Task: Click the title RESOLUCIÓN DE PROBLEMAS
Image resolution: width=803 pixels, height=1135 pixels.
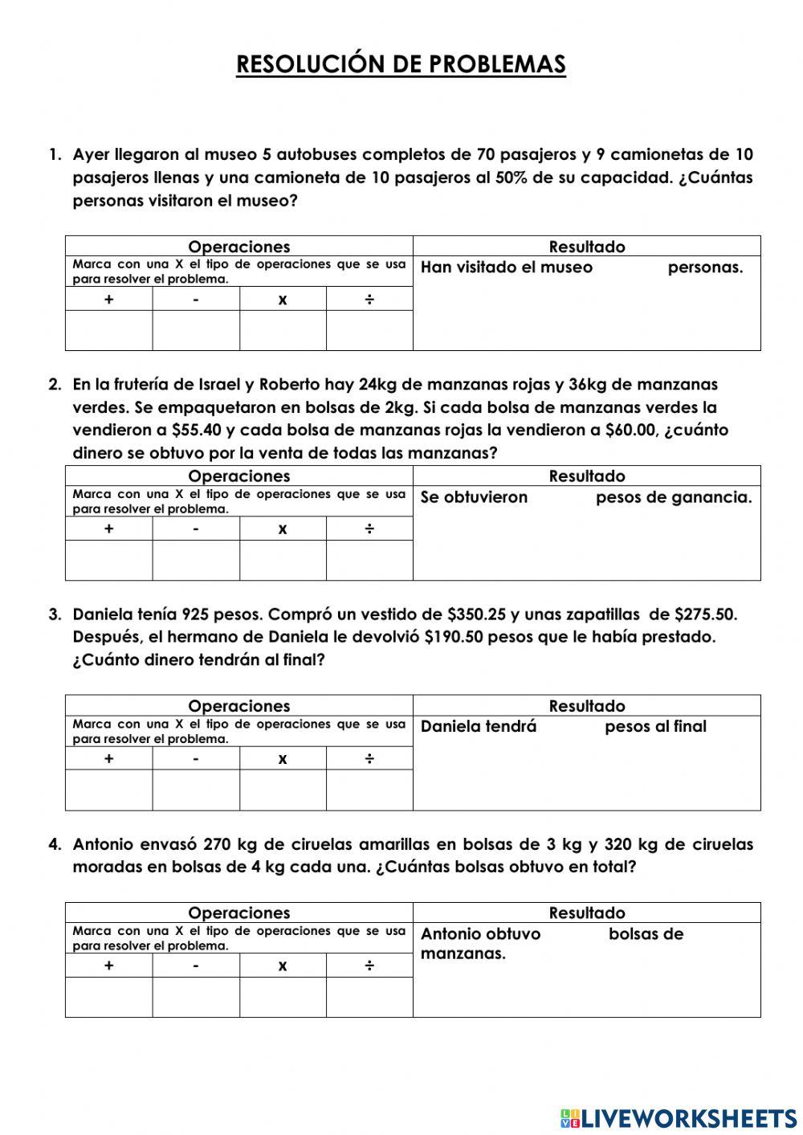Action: coord(401,64)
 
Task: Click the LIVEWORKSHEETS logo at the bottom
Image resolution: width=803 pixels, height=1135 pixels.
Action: coord(679,1117)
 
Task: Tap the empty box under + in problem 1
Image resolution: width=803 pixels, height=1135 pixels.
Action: coord(109,330)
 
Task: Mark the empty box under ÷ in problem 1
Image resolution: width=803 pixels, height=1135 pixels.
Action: coord(369,330)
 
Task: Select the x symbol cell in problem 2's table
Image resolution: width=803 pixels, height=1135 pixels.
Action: coord(283,529)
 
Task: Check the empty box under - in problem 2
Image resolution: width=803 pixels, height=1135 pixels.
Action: coord(196,560)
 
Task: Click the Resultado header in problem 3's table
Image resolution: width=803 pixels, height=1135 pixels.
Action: coord(586,706)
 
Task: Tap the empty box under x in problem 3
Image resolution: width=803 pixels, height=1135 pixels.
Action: coord(283,790)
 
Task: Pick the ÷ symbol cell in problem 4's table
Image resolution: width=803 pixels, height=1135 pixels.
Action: coord(369,966)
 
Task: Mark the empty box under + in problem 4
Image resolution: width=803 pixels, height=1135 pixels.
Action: coord(109,997)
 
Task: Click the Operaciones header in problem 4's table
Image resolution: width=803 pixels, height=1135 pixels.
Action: coord(238,912)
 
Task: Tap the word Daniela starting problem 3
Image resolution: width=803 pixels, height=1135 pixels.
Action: coord(102,614)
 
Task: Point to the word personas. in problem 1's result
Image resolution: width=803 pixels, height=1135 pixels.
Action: coord(705,267)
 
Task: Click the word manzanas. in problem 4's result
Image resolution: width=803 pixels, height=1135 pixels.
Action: coord(463,953)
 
